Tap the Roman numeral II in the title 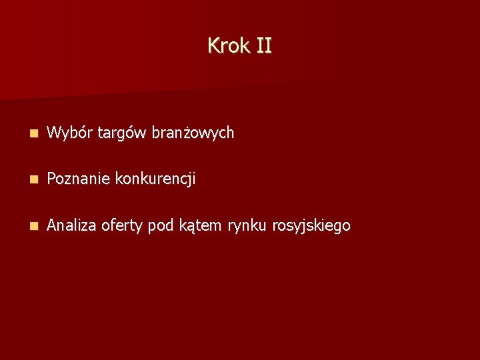tap(263, 46)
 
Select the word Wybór tap(70, 133)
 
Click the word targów tap(122, 134)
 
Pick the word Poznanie tap(79, 179)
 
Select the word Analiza tap(72, 226)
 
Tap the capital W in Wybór tap(54, 133)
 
